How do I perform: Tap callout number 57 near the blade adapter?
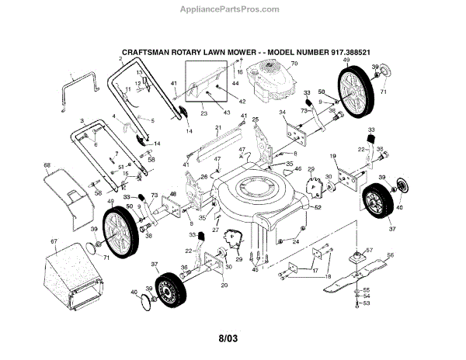[370, 251]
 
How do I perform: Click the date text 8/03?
[228, 338]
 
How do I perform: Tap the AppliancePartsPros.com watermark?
[233, 9]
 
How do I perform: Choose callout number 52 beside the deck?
[318, 208]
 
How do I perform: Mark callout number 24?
[296, 241]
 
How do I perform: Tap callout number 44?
[235, 81]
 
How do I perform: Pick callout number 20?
[224, 284]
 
